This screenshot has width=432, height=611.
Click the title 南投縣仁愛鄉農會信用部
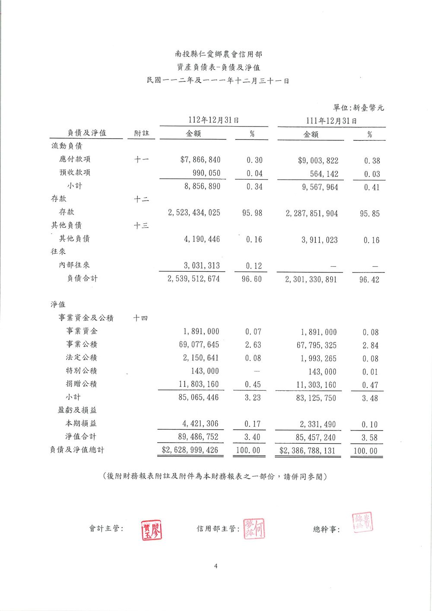point(218,54)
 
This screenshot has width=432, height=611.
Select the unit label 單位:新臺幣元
point(358,108)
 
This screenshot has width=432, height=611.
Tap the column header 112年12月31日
point(214,120)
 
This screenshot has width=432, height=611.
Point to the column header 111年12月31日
point(331,121)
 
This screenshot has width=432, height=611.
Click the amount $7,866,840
point(200,160)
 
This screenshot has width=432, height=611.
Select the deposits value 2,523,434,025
point(194,212)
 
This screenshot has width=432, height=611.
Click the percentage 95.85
point(370,214)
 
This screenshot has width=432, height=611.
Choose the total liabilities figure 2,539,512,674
point(194,279)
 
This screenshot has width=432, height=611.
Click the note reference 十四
point(140,318)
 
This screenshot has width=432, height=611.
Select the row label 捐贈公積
point(81,384)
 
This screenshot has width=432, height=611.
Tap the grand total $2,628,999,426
point(190,450)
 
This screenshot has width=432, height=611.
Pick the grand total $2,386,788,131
point(307,451)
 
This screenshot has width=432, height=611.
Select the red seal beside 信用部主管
point(254,529)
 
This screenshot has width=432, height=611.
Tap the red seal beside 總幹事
point(362,522)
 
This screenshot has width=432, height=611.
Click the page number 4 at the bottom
point(216,567)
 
